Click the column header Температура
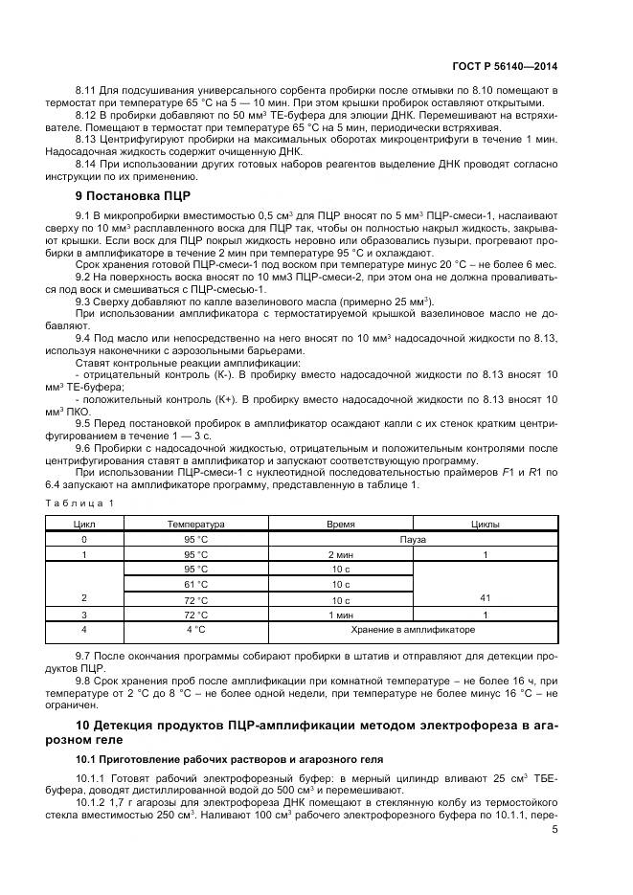(x=195, y=525)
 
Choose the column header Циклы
(x=485, y=525)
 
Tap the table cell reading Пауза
(x=413, y=539)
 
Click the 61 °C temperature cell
(x=195, y=583)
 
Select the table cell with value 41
(x=485, y=598)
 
